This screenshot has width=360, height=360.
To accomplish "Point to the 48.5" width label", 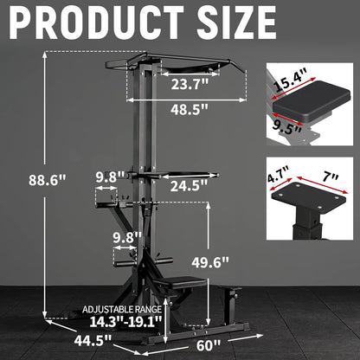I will point(190,112).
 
